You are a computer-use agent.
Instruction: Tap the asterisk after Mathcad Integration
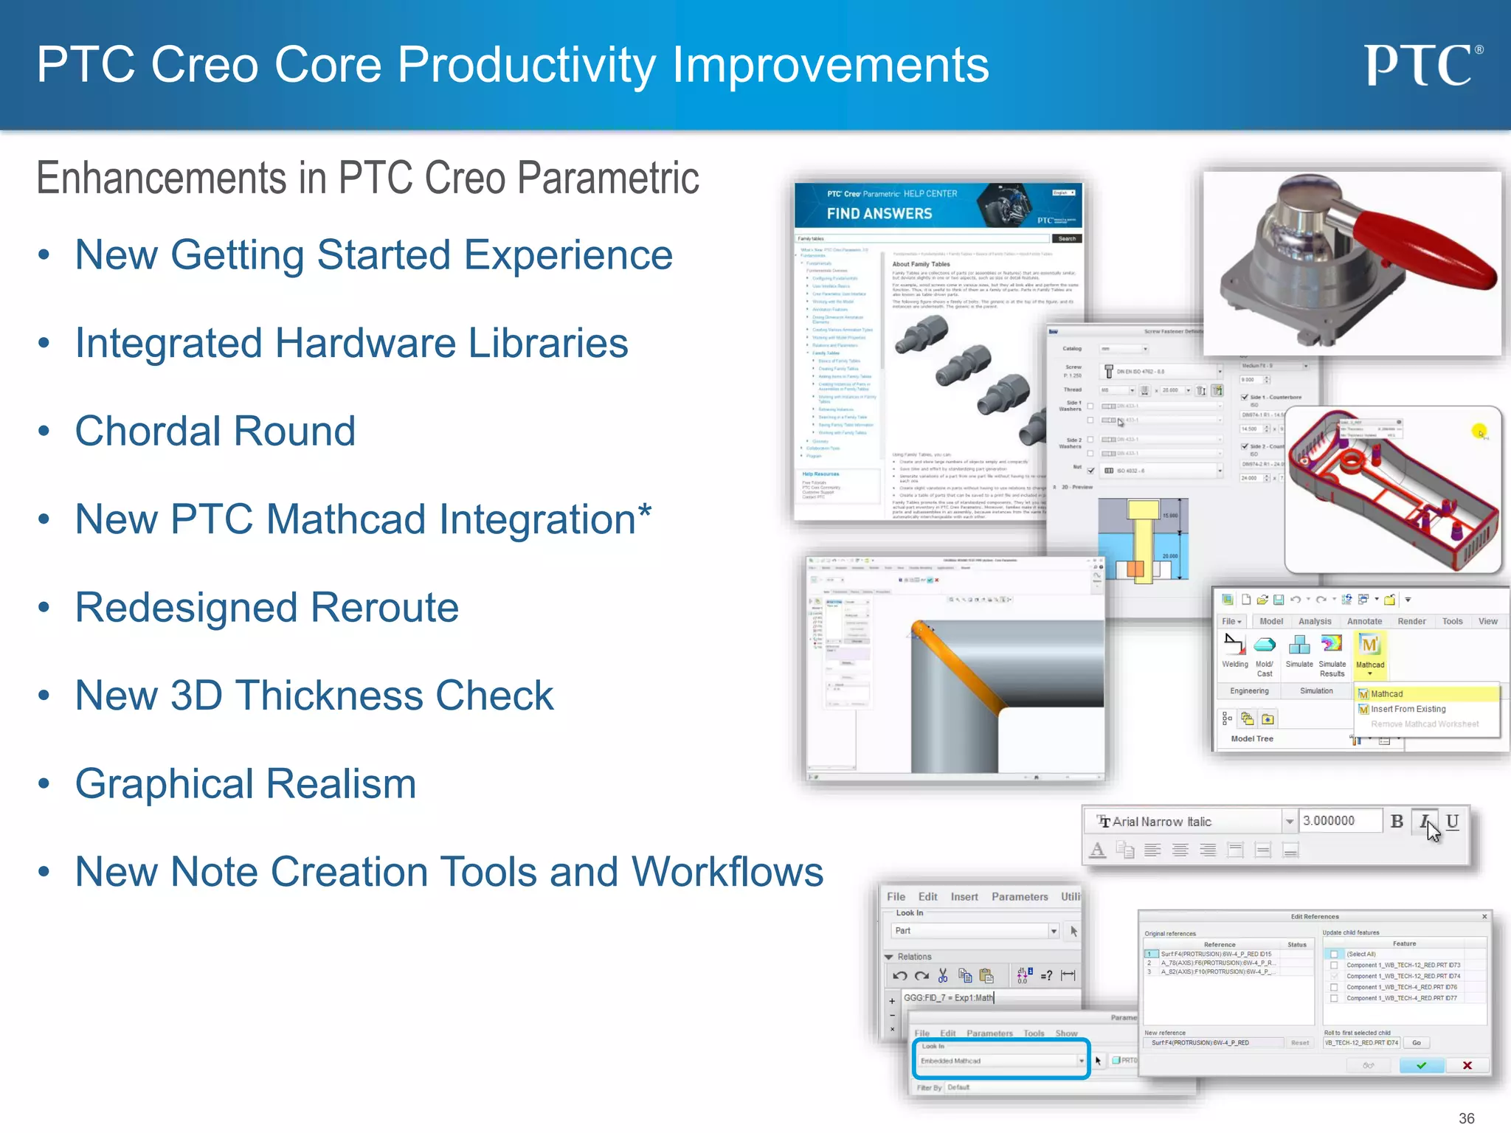645,510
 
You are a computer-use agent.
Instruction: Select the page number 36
1466,1118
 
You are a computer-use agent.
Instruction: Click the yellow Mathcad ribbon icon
1369,645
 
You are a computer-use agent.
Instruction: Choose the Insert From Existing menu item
1408,709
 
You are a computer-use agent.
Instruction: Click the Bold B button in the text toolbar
1397,821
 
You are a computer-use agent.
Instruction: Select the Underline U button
1452,821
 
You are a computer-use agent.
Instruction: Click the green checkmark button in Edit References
1421,1065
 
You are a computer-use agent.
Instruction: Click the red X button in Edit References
1467,1065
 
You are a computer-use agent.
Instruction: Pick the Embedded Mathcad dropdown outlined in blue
1001,1061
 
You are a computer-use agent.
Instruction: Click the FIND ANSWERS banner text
879,214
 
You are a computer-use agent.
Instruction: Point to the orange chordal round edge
959,668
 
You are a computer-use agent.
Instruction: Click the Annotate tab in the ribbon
1364,621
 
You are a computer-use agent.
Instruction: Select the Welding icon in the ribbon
1234,646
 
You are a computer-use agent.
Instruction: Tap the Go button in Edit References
1416,1042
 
